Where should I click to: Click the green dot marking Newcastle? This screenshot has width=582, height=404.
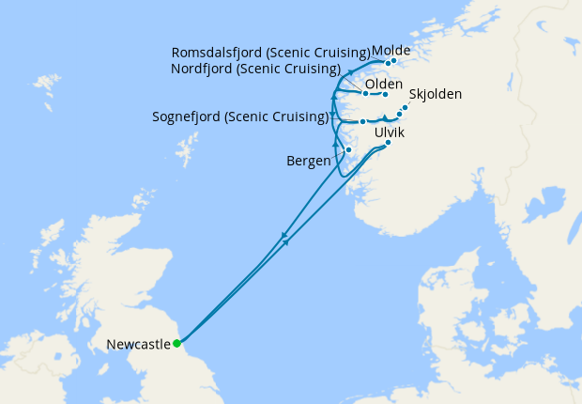pyautogui.click(x=176, y=343)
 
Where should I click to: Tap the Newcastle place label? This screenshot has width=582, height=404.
pyautogui.click(x=138, y=345)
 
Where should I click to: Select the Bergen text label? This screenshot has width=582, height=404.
pyautogui.click(x=308, y=161)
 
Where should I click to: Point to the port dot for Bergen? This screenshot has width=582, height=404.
pyautogui.click(x=348, y=150)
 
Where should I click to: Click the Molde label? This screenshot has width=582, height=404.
pyautogui.click(x=391, y=51)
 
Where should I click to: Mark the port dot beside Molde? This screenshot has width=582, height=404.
pyautogui.click(x=393, y=62)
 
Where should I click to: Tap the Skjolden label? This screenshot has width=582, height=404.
pyautogui.click(x=436, y=95)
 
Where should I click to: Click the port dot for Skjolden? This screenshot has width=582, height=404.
pyautogui.click(x=405, y=107)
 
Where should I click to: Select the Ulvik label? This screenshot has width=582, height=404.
pyautogui.click(x=390, y=133)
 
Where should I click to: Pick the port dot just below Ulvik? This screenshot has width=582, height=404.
pyautogui.click(x=388, y=143)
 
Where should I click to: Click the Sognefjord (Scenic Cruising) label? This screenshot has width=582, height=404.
pyautogui.click(x=239, y=117)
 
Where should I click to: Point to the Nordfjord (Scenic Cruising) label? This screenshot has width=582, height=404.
pyautogui.click(x=255, y=69)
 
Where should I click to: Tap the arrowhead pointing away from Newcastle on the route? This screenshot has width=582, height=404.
pyautogui.click(x=286, y=243)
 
